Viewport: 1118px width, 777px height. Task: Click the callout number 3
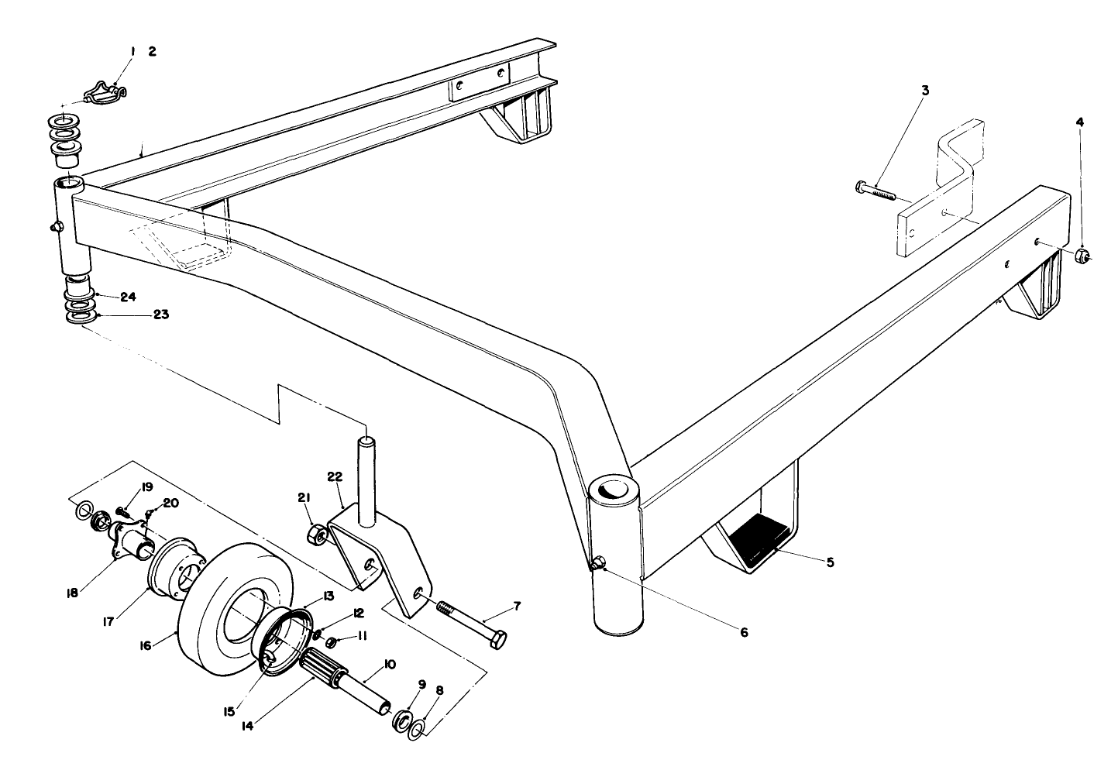(x=925, y=91)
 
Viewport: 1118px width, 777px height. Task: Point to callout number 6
(x=743, y=632)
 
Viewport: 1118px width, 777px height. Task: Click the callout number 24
(x=128, y=297)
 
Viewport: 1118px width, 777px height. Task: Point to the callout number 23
(x=128, y=315)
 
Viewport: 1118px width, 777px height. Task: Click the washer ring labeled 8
(x=417, y=729)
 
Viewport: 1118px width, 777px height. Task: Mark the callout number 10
(x=388, y=664)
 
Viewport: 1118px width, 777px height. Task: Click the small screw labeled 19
(x=122, y=511)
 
